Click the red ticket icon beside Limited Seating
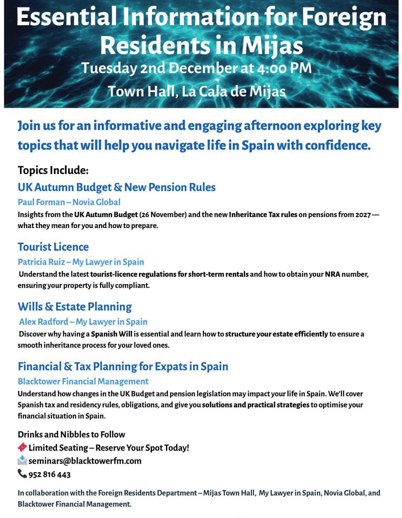coord(22,447)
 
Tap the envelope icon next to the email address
coord(22,461)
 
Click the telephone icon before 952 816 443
coord(22,474)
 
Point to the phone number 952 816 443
coord(49,474)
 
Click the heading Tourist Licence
coord(53,247)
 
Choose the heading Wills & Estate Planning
coord(75,307)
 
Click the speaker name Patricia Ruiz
coord(42,262)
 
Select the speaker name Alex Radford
coord(43,322)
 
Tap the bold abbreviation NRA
coord(332,274)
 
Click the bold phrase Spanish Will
coord(112,334)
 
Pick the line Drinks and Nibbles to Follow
coord(71,434)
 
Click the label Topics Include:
coord(53,170)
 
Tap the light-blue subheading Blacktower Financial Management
coord(83,381)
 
